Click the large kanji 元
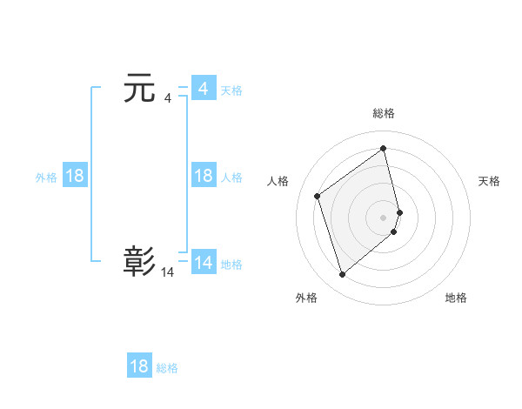click(x=140, y=89)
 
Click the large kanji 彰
click(x=140, y=261)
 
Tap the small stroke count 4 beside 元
click(x=167, y=98)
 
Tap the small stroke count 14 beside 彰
click(x=167, y=272)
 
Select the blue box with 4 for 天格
click(x=203, y=89)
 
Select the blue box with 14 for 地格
click(x=203, y=263)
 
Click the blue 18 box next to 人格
click(x=203, y=176)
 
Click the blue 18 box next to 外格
click(x=75, y=176)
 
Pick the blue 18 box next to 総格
click(x=139, y=366)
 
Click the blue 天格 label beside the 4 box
click(x=231, y=91)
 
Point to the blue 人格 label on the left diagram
click(x=231, y=178)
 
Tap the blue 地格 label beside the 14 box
click(x=231, y=265)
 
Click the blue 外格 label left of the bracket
click(x=46, y=178)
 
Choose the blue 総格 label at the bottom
click(x=167, y=368)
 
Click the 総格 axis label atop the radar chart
click(x=384, y=113)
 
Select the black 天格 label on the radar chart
click(x=489, y=181)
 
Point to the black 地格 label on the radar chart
click(x=456, y=298)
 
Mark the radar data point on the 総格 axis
click(x=384, y=148)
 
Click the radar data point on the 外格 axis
click(x=343, y=275)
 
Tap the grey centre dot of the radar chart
click(x=384, y=216)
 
